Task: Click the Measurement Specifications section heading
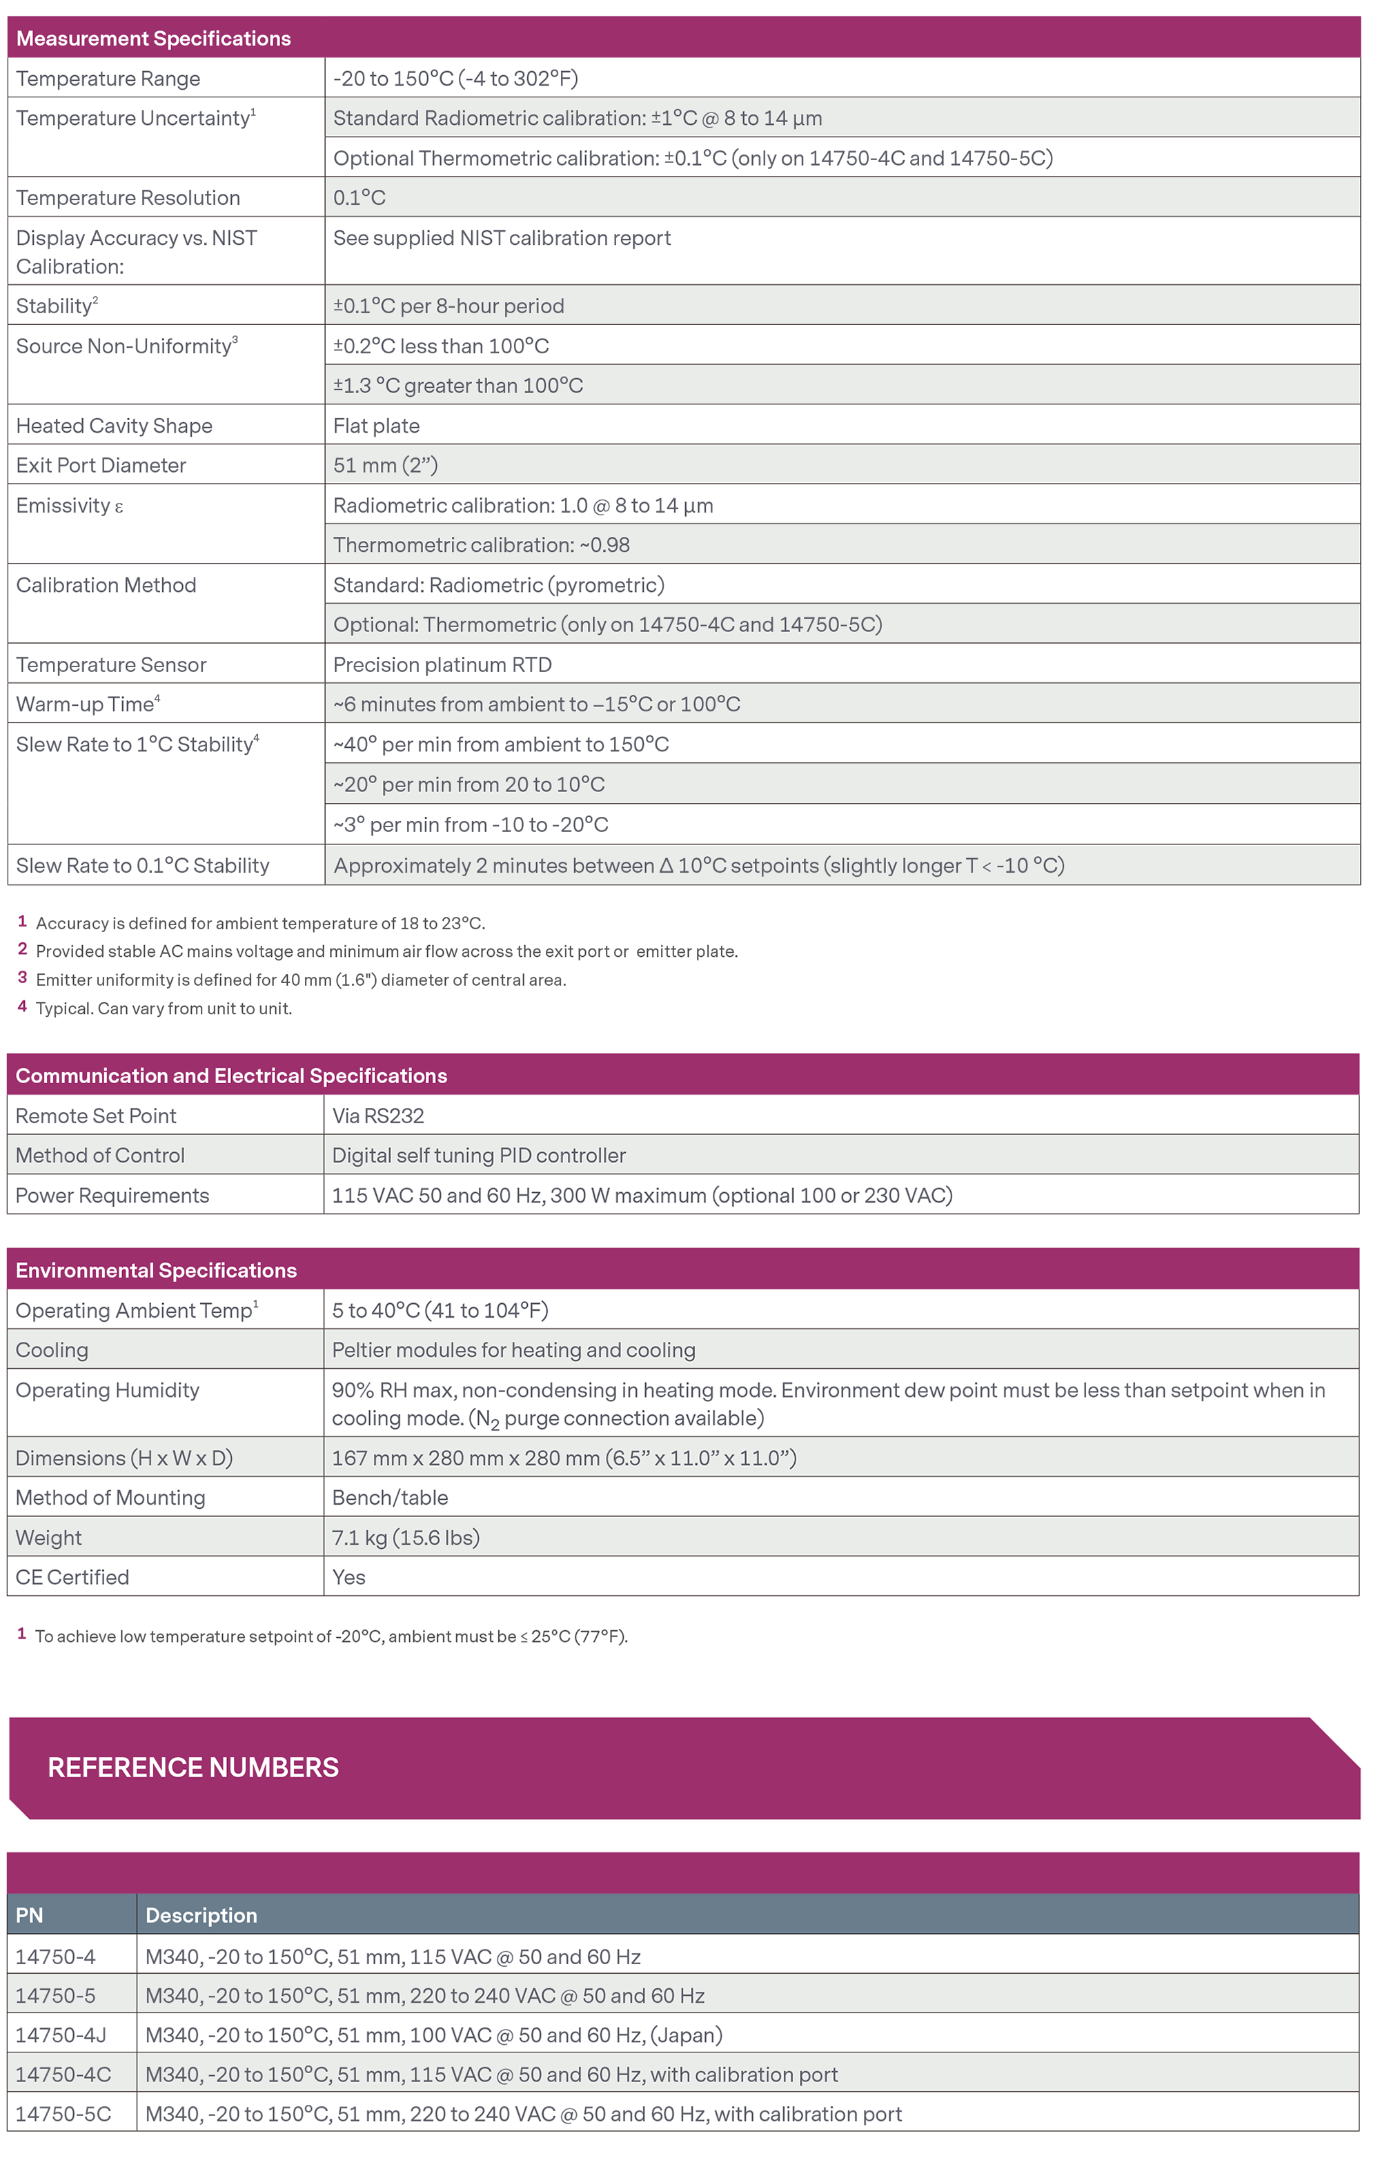coord(153,39)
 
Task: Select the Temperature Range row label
coord(108,79)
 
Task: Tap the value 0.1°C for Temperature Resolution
coord(359,198)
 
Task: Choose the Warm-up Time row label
coord(88,704)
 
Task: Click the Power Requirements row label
coord(112,1196)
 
